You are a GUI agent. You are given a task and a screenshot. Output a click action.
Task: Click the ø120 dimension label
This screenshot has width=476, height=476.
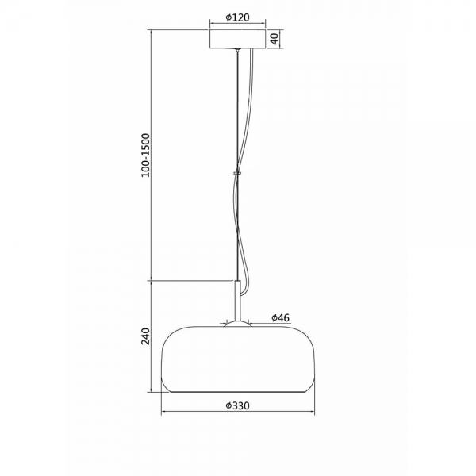238,17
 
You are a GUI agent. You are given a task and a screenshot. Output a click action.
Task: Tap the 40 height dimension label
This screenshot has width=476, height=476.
274,39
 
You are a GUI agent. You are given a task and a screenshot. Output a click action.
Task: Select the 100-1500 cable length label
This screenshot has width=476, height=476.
146,155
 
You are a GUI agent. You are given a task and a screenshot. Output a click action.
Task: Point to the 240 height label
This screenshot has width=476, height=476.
146,336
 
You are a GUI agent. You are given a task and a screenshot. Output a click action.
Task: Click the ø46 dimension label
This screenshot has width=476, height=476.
281,318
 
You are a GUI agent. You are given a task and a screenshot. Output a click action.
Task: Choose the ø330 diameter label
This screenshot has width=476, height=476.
238,405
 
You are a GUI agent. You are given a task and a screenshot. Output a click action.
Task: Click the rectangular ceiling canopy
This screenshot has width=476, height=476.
238,39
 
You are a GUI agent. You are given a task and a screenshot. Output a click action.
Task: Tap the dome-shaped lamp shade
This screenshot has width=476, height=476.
238,359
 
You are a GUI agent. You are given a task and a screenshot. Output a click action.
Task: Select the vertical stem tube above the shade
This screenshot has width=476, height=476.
238,301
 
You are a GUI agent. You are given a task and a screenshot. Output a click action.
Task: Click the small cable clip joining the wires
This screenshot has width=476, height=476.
237,173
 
